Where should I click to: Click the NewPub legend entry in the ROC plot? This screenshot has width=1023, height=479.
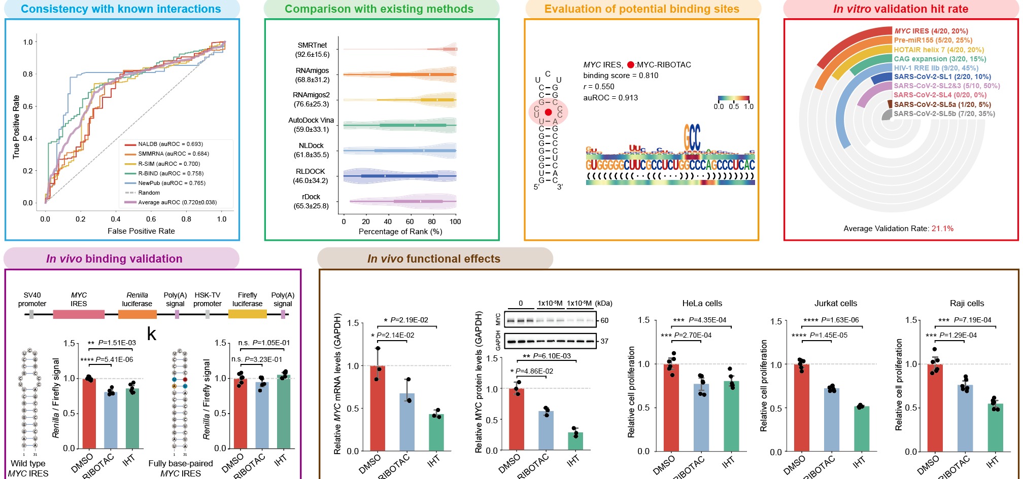coord(172,183)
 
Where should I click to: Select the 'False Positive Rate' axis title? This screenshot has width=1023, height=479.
coord(141,231)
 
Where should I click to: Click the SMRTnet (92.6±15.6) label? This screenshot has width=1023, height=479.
coord(312,50)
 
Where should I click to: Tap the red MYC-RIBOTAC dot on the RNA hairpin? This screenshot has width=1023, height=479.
coord(548,112)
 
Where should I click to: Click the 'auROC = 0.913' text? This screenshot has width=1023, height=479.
coord(610,98)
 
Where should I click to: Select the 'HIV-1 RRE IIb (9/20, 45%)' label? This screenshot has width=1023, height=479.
coord(936,68)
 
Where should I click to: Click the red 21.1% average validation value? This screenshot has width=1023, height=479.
coord(942,229)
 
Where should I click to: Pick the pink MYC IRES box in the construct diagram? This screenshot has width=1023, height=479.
coord(79,314)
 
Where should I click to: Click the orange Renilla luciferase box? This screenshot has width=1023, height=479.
coord(137,314)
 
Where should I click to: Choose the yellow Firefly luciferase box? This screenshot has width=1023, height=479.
coord(247,314)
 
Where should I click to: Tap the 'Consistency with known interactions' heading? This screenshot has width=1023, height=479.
coord(121,9)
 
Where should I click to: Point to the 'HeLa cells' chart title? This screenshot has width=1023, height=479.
coord(702,304)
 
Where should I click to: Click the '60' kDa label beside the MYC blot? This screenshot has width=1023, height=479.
coord(604,321)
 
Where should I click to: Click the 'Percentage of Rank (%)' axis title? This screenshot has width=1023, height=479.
coord(400,232)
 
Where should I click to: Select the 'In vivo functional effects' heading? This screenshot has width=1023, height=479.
coord(434,259)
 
